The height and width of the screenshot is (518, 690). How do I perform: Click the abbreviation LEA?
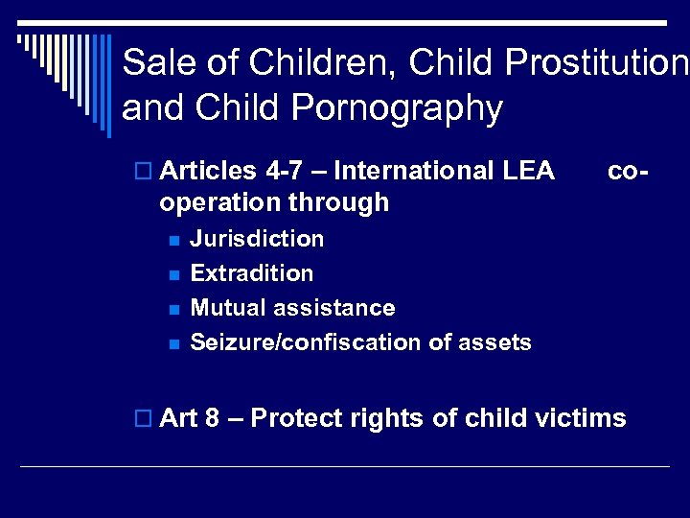click(x=528, y=171)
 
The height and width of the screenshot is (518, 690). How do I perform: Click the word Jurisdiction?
click(x=257, y=239)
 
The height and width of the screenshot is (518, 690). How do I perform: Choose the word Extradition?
click(x=252, y=273)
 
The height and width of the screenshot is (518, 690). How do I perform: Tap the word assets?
click(x=496, y=342)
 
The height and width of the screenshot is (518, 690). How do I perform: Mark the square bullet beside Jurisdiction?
click(x=173, y=240)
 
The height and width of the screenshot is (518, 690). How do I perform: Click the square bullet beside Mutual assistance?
click(x=173, y=309)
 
